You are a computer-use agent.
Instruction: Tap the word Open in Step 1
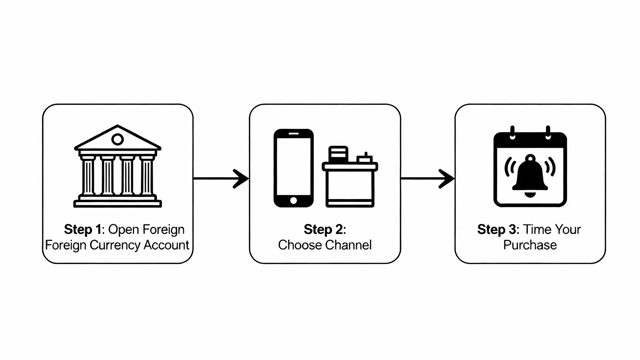pos(123,229)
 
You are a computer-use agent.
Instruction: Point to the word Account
pos(166,245)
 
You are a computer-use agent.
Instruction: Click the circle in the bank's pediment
pos(118,139)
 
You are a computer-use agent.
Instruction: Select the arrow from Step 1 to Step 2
pos(221,179)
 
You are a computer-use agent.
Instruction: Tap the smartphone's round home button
pos(293,200)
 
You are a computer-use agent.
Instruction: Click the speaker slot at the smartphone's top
pos(293,134)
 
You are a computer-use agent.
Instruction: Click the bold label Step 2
pos(325,229)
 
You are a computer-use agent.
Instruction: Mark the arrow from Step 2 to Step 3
pos(427,179)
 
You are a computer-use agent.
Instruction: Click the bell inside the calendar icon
pos(530,175)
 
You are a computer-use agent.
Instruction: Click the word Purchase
pos(530,245)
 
